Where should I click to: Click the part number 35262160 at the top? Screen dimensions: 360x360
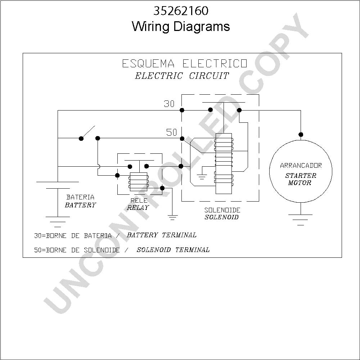tap(181, 11)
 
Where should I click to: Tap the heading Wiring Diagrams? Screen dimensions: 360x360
tap(181, 26)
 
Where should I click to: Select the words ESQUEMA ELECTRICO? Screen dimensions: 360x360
tap(185, 63)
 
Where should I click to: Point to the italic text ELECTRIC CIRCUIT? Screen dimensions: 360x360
tap(182, 76)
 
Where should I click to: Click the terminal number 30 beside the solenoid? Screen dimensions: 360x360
tap(169, 104)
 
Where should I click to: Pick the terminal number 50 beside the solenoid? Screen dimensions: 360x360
tap(172, 132)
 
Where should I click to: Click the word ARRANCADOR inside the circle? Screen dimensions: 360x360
tap(301, 165)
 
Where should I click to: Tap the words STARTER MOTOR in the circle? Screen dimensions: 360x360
tap(301, 179)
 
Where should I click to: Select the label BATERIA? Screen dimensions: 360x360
tap(80, 197)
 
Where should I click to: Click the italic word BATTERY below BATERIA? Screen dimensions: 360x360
tap(80, 205)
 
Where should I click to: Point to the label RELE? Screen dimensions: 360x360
tap(139, 201)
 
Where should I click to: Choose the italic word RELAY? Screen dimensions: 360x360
tap(138, 208)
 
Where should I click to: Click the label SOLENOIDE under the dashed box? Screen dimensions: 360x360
tap(222, 210)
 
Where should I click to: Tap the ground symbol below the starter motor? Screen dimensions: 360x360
tap(301, 220)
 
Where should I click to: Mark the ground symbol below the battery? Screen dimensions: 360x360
tap(58, 222)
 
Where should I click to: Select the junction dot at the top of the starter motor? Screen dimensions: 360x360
tap(301, 135)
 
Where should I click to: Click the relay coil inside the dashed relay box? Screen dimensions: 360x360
tap(139, 181)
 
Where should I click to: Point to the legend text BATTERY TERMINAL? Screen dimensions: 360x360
tap(162, 235)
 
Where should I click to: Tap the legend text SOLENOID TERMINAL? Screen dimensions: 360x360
tap(173, 249)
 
